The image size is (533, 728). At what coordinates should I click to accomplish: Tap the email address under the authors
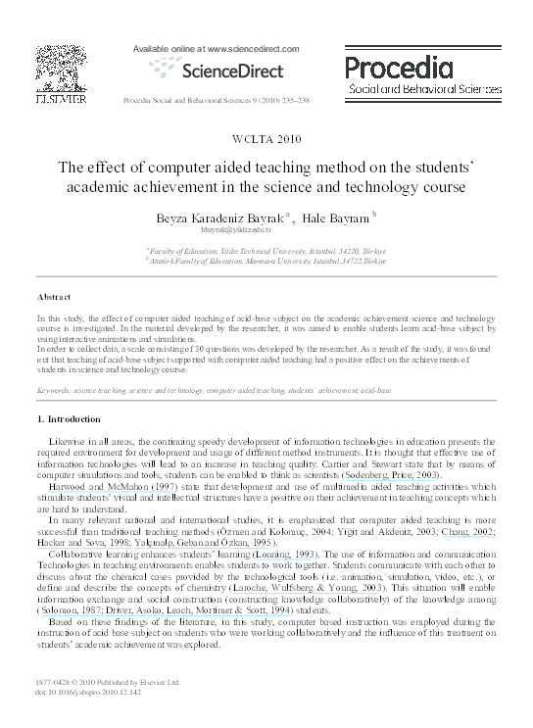[266, 231]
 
